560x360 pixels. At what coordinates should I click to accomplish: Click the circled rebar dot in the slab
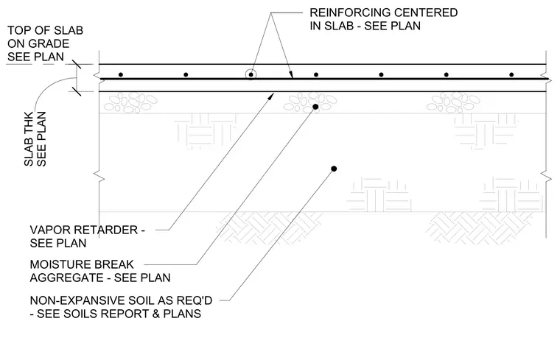point(251,74)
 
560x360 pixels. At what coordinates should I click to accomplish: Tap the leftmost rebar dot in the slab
point(121,74)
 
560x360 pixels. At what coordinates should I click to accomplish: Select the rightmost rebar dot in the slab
point(511,74)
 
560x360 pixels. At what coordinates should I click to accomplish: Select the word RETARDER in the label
point(102,230)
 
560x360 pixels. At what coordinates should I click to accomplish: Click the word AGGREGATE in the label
point(61,278)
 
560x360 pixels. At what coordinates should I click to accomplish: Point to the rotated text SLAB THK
point(29,139)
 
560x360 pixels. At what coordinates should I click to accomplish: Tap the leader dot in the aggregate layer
point(315,107)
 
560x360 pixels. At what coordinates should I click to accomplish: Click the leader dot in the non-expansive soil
point(334,169)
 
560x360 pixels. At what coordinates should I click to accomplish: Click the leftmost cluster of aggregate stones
point(130,102)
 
